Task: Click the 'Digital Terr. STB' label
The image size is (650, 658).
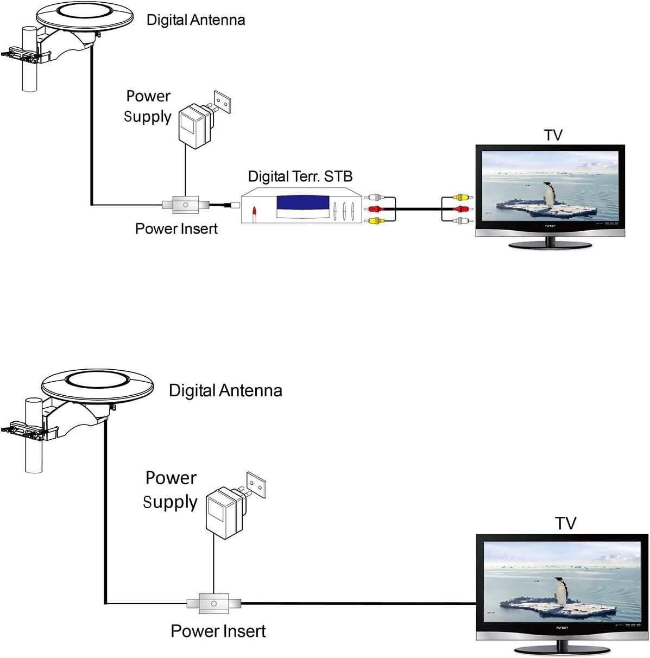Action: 300,176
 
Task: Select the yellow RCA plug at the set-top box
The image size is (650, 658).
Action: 374,220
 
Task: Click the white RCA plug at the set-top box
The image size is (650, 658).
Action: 374,198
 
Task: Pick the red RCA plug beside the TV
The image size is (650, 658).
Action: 460,209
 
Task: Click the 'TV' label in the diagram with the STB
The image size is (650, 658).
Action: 553,135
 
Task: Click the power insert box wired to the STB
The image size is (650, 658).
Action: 186,205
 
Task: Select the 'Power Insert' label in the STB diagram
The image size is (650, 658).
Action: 176,229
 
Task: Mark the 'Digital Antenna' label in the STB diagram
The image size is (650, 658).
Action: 195,20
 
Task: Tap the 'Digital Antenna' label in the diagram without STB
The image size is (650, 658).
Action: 225,390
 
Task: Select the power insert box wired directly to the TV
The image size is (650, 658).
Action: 214,603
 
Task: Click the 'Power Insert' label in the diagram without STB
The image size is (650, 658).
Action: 218,631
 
